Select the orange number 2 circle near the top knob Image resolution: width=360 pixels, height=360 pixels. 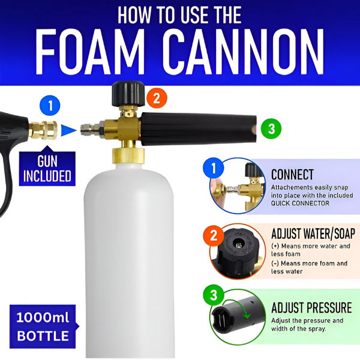[155, 98]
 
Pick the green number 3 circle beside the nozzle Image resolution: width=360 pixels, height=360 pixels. [271, 128]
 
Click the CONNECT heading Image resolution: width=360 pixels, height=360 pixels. [292, 175]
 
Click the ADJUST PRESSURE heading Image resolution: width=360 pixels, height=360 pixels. [311, 308]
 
